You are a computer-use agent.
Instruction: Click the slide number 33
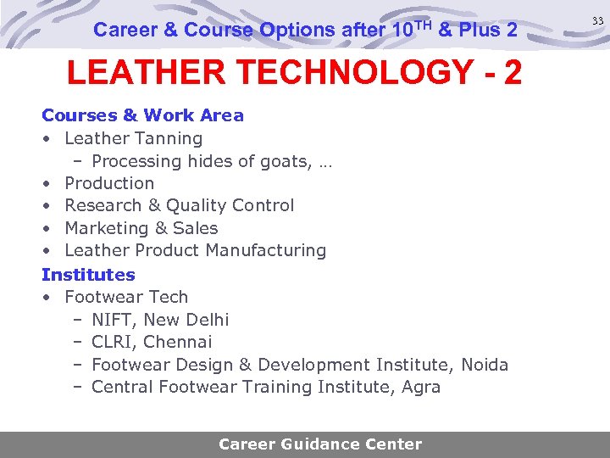coord(597,21)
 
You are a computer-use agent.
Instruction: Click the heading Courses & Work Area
coord(142,115)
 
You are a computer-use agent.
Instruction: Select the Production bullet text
coord(109,183)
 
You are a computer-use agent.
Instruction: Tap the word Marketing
coord(106,228)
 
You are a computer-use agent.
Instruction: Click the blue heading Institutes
coord(88,275)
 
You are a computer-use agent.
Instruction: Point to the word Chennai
coord(178,342)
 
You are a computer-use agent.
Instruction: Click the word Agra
coord(421,387)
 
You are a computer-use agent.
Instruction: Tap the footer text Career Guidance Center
coord(320,444)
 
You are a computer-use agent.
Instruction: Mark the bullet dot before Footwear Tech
coord(48,298)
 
